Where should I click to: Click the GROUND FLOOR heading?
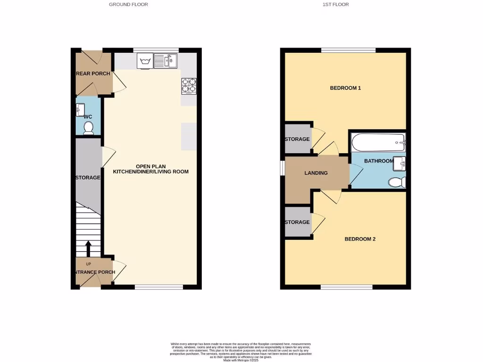point(128,4)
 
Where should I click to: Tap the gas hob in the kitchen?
point(189,85)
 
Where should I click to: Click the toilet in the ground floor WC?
point(88,128)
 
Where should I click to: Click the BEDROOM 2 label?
point(360,239)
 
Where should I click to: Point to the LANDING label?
point(316,173)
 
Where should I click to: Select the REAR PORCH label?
point(94,74)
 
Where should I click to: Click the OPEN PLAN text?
point(150,166)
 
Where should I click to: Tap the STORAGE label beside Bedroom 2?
point(297,222)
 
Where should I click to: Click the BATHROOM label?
point(379,161)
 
